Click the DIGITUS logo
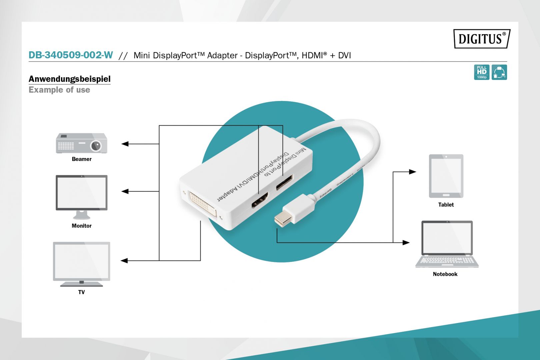pos(482,39)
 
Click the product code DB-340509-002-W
pos(71,55)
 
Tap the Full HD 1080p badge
pos(481,72)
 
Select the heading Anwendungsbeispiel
pos(69,79)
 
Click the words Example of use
pos(59,90)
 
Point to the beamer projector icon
pos(82,143)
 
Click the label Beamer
pos(82,159)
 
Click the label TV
pos(82,292)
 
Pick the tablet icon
pos(446,176)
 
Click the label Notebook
pos(445,274)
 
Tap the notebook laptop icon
pos(447,243)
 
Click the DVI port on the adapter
pos(203,204)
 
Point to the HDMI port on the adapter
pos(260,200)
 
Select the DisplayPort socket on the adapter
pos(284,182)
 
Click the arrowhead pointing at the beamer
pos(125,144)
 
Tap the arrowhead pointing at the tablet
pos(413,172)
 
